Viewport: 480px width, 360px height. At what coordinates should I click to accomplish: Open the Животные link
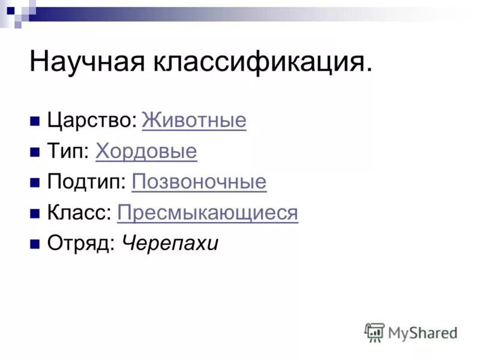tap(194, 121)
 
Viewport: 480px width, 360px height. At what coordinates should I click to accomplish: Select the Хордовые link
tap(146, 152)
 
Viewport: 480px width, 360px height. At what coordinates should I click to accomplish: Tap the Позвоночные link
tap(199, 182)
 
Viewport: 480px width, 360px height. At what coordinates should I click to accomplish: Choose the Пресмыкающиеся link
tap(208, 213)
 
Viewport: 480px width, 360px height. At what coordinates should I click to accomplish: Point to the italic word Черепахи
tap(170, 244)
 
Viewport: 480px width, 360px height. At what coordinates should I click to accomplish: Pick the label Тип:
tap(68, 152)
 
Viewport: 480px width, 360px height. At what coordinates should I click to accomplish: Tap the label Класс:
tap(79, 213)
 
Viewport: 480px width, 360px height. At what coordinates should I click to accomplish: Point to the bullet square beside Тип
tap(35, 152)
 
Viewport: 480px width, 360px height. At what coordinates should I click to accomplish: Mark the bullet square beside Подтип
tap(35, 182)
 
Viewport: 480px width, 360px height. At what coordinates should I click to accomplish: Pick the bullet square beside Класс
tap(35, 213)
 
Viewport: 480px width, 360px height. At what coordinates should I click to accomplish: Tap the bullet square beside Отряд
tap(35, 244)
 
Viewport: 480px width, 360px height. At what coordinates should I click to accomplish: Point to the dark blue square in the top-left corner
tap(10, 10)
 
